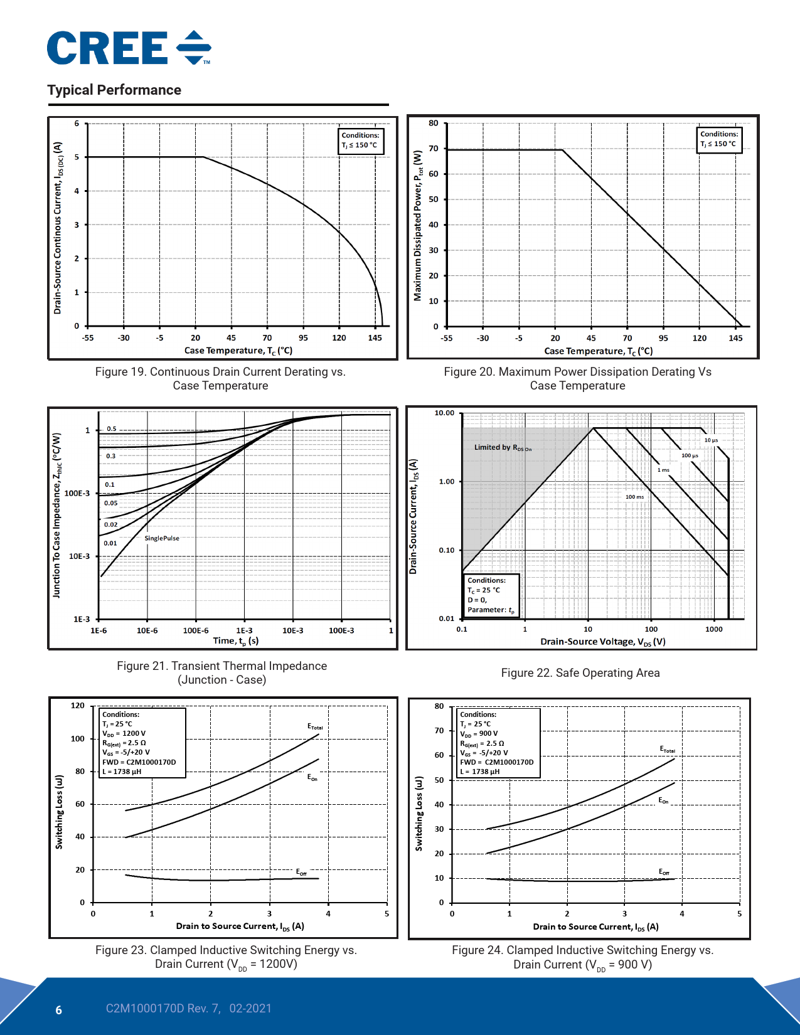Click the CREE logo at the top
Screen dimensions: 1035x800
click(x=129, y=48)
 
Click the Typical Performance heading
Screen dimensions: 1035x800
click(x=114, y=90)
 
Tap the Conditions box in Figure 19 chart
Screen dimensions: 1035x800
click(x=360, y=140)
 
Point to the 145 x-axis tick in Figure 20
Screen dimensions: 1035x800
click(x=735, y=338)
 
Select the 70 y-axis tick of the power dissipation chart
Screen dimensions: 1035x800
click(x=434, y=149)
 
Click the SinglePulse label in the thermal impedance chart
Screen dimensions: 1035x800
click(x=162, y=538)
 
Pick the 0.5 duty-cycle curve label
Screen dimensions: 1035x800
click(x=111, y=429)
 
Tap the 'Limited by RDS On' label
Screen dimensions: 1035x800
click(x=503, y=447)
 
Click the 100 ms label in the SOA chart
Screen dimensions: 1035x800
click(x=634, y=497)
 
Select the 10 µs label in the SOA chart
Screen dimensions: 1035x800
click(x=711, y=440)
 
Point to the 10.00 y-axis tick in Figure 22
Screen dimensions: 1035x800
click(x=444, y=413)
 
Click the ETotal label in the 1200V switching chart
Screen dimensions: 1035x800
click(x=315, y=726)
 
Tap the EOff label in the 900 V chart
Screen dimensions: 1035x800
click(x=664, y=872)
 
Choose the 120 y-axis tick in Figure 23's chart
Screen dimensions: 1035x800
click(x=77, y=706)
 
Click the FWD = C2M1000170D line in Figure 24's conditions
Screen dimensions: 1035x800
click(x=496, y=762)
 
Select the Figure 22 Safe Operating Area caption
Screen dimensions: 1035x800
click(x=580, y=673)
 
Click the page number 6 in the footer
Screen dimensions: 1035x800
click(x=59, y=1010)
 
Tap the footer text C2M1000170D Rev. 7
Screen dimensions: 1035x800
click(x=163, y=1009)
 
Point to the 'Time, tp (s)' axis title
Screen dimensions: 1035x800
click(x=236, y=640)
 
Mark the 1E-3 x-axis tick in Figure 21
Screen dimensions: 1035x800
click(x=244, y=630)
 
